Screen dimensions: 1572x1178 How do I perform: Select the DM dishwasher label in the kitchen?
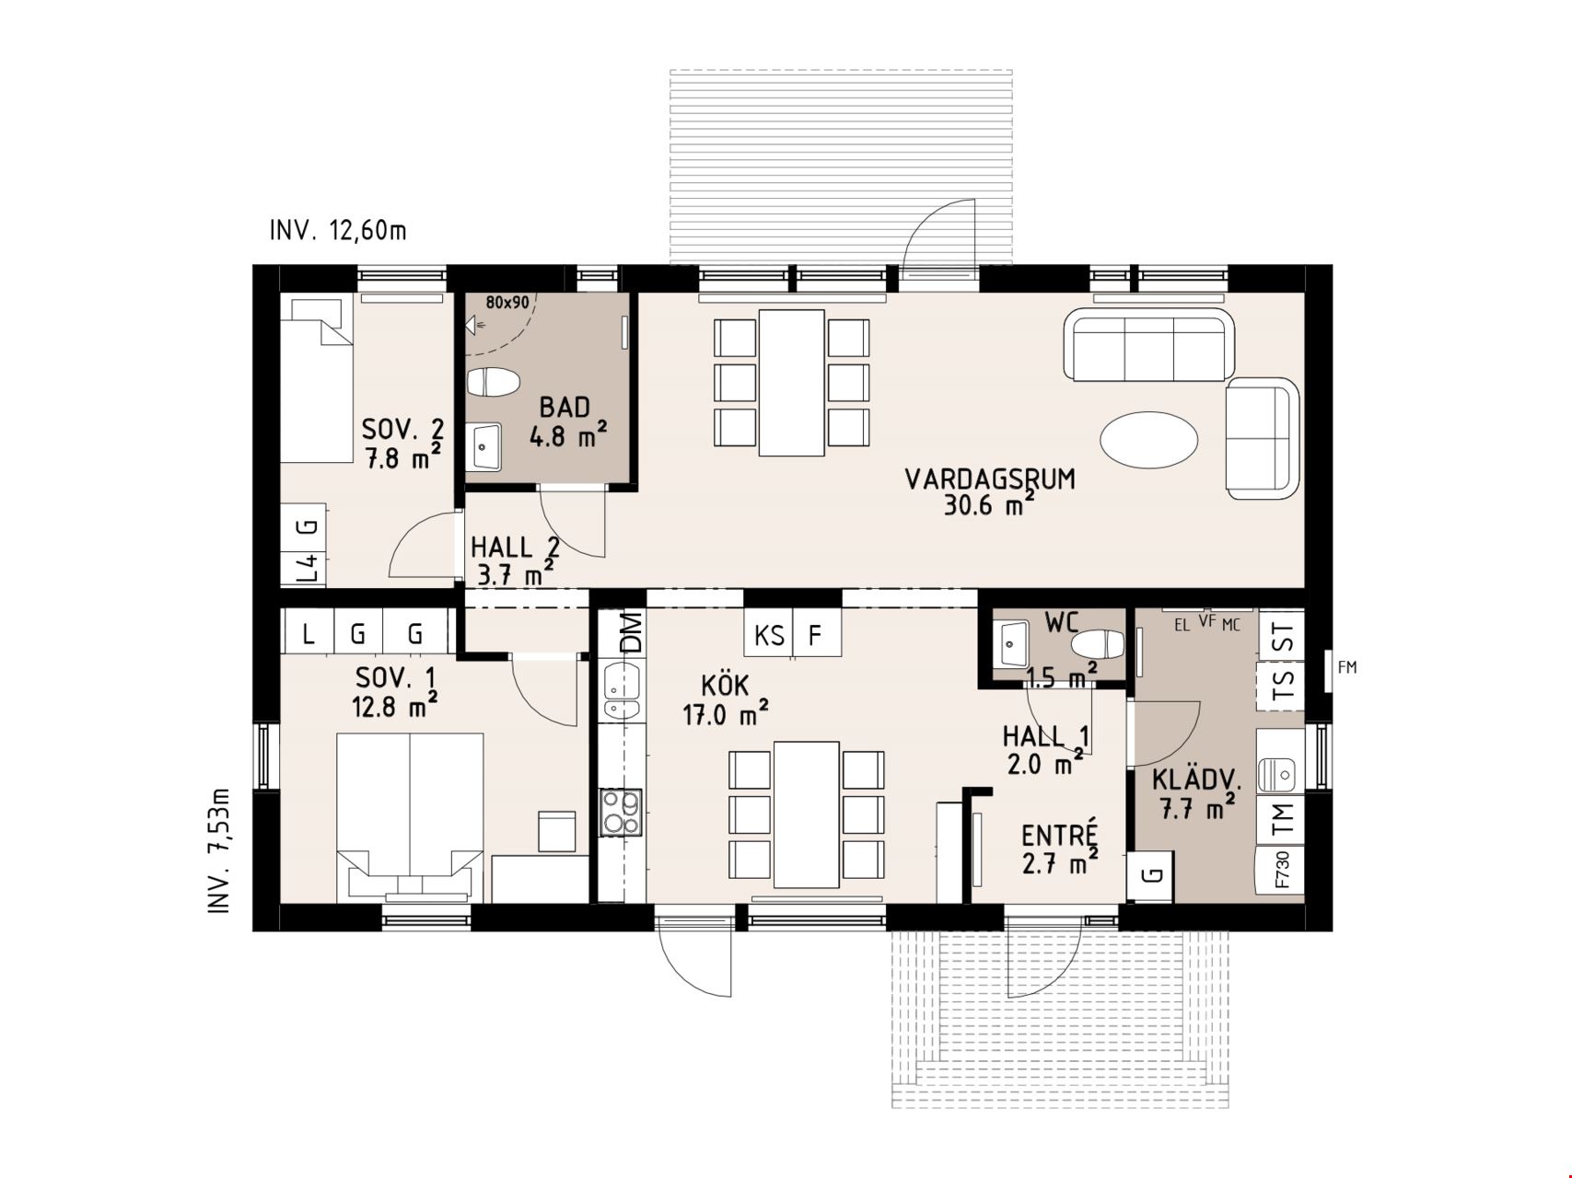click(x=631, y=633)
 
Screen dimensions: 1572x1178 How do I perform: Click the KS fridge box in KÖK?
click(x=769, y=635)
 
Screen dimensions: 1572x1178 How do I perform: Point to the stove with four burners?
click(x=621, y=813)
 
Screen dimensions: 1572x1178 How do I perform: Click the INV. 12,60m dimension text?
click(x=338, y=230)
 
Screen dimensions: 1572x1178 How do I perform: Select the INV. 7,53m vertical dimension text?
click(x=218, y=851)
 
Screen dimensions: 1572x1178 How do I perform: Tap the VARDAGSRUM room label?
click(x=990, y=479)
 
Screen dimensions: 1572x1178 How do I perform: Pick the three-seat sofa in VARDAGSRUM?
click(x=1148, y=344)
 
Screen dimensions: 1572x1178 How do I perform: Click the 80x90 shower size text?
click(x=507, y=302)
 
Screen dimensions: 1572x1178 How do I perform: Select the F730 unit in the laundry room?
click(x=1282, y=869)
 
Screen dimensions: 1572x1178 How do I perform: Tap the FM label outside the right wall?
click(x=1347, y=667)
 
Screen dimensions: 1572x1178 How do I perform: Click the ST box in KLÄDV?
click(x=1282, y=635)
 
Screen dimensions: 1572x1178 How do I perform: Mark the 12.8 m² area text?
click(x=394, y=707)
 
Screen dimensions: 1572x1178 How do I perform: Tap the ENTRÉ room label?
click(x=1060, y=835)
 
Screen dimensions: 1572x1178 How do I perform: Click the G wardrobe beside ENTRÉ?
click(x=1151, y=874)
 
